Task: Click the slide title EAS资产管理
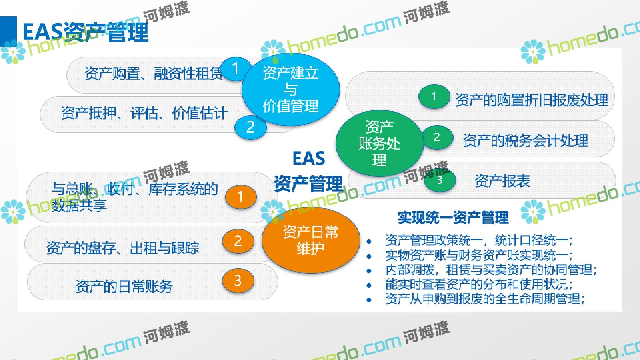pyautogui.click(x=86, y=32)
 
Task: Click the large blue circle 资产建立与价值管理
pyautogui.click(x=290, y=90)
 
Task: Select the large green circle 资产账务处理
pyautogui.click(x=379, y=143)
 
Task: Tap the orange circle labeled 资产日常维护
pyautogui.click(x=310, y=240)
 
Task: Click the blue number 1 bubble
pyautogui.click(x=236, y=69)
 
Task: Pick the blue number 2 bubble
pyautogui.click(x=250, y=127)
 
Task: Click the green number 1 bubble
pyautogui.click(x=434, y=96)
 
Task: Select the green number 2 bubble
pyautogui.click(x=437, y=138)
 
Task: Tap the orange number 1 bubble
pyautogui.click(x=241, y=196)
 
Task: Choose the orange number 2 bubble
pyautogui.click(x=238, y=241)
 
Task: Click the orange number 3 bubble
pyautogui.click(x=238, y=280)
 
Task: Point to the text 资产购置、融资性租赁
pyautogui.click(x=154, y=74)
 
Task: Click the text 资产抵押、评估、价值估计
pyautogui.click(x=144, y=113)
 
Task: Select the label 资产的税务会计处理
pyautogui.click(x=526, y=140)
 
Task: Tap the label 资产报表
pyautogui.click(x=502, y=181)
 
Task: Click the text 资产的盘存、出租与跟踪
pyautogui.click(x=123, y=248)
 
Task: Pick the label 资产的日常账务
pyautogui.click(x=124, y=286)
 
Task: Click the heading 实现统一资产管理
pyautogui.click(x=453, y=218)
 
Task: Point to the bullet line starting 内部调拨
pyautogui.click(x=491, y=270)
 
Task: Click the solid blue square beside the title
pyautogui.click(x=8, y=32)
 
